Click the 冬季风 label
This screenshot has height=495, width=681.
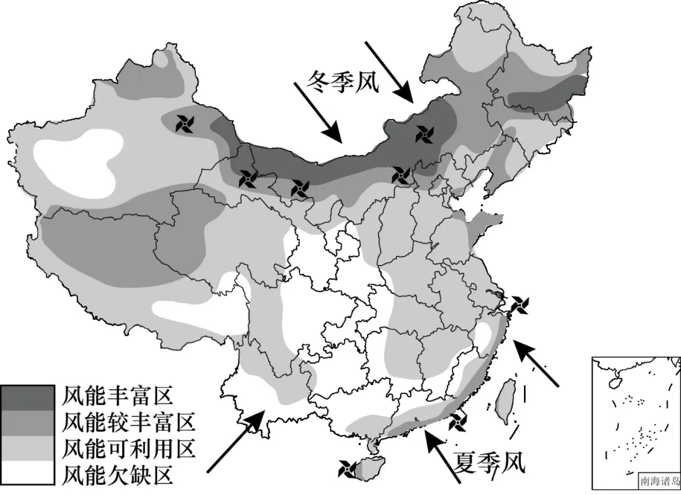click(344, 82)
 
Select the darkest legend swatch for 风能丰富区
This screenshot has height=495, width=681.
click(27, 397)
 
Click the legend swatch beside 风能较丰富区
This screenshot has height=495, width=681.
click(27, 422)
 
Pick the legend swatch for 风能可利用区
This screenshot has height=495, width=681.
click(27, 448)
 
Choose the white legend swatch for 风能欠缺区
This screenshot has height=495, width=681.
click(27, 473)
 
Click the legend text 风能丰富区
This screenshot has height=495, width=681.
click(118, 397)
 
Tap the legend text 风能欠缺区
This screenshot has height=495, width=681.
click(118, 474)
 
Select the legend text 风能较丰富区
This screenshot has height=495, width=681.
click(130, 422)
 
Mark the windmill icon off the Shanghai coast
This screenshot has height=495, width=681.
click(520, 305)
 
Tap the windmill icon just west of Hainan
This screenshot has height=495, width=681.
click(347, 469)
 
